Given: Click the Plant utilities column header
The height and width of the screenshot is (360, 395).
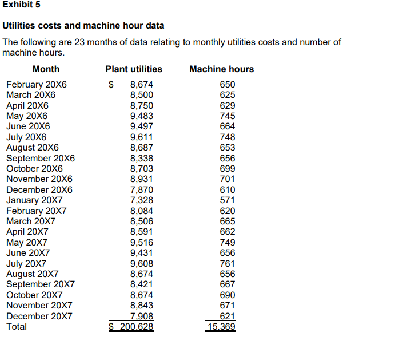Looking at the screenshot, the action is point(134,69).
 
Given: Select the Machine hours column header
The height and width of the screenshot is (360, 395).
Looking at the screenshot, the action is point(221,69).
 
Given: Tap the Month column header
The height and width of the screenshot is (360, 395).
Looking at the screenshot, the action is point(46,69).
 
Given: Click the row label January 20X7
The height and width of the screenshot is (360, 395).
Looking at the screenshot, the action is point(34,200).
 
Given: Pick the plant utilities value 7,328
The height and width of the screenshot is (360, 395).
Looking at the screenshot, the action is point(142,200).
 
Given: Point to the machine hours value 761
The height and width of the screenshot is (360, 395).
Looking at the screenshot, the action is point(228,264).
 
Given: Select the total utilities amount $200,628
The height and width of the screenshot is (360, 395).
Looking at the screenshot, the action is point(131,327).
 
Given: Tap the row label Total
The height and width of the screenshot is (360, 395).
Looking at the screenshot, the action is point(17,327).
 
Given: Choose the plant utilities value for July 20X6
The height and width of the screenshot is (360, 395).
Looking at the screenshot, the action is point(142,137).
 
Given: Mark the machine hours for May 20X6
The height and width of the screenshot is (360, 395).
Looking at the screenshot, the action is point(228,116).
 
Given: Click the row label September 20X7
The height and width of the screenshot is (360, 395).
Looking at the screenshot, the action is point(40,284).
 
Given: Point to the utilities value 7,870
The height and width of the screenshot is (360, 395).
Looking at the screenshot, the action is point(142,190).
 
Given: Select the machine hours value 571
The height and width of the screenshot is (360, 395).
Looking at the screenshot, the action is point(228,200).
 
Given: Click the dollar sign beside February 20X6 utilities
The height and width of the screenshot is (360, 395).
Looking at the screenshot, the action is point(112,85).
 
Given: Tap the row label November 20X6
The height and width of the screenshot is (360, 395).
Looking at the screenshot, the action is point(39,179).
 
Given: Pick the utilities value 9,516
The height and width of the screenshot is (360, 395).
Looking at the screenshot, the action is point(142,243).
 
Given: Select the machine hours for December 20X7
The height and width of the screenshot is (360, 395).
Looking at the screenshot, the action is point(228,317).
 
